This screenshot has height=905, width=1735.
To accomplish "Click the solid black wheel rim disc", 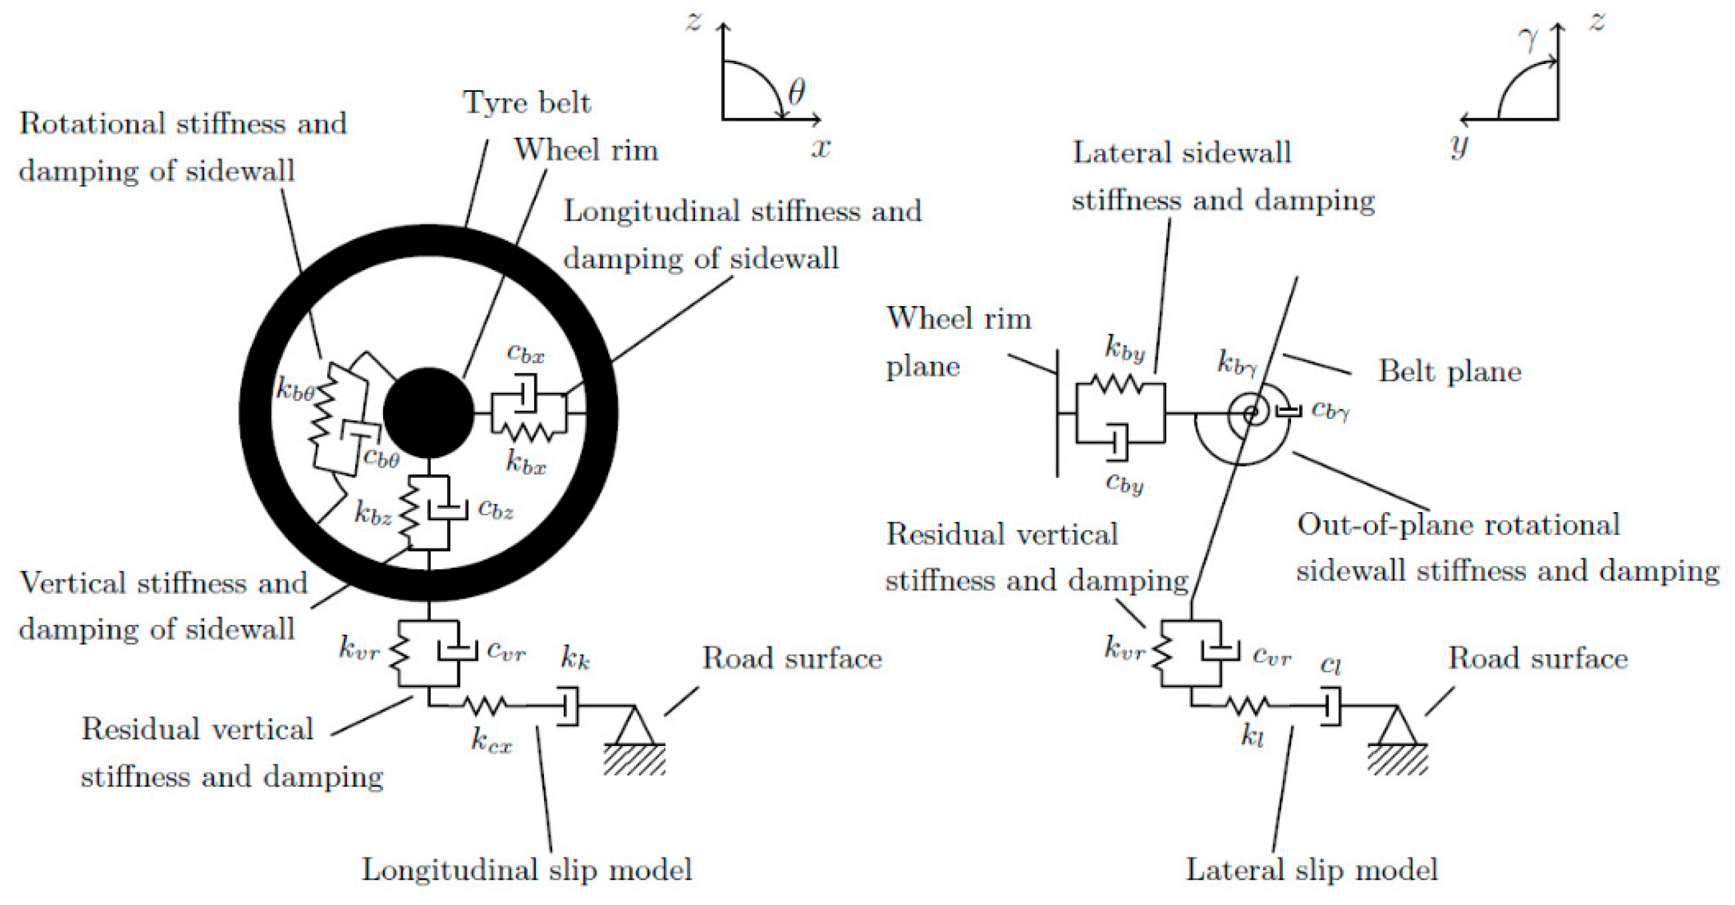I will pyautogui.click(x=429, y=412).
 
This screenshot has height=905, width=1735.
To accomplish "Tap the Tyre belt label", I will pyautogui.click(x=526, y=103).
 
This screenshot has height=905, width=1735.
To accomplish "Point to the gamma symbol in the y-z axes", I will pyautogui.click(x=1530, y=39).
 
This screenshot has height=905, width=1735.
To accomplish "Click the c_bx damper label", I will pyautogui.click(x=525, y=353).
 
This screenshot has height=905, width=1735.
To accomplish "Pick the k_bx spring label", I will pyautogui.click(x=525, y=463).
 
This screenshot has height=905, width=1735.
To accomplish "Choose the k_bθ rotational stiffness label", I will pyautogui.click(x=295, y=388).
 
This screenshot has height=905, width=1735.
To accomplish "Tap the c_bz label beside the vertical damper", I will pyautogui.click(x=496, y=510).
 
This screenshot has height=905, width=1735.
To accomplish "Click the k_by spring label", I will pyautogui.click(x=1124, y=348).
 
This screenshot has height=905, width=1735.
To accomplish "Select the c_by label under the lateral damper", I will pyautogui.click(x=1124, y=484).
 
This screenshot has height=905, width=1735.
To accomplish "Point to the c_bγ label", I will pyautogui.click(x=1330, y=411).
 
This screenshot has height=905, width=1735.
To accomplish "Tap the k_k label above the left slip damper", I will pyautogui.click(x=575, y=658).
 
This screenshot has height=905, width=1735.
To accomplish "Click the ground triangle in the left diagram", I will pyautogui.click(x=634, y=728).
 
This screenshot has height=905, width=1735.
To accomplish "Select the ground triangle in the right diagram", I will pyautogui.click(x=1397, y=728).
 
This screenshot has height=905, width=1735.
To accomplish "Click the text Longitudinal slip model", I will pyautogui.click(x=527, y=870).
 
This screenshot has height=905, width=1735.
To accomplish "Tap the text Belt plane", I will pyautogui.click(x=1450, y=371).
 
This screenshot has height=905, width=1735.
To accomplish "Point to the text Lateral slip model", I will pyautogui.click(x=1311, y=870).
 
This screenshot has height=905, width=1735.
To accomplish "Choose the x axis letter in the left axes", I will pyautogui.click(x=821, y=148).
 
